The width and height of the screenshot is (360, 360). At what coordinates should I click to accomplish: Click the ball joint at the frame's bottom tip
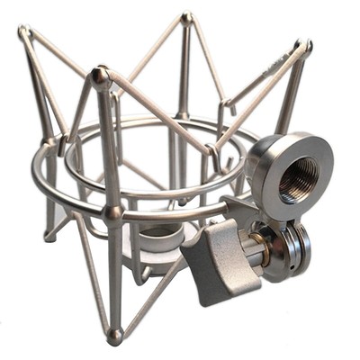114,336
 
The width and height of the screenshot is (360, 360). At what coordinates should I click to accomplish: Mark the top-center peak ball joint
186,17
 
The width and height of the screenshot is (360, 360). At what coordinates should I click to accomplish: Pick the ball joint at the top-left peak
24,33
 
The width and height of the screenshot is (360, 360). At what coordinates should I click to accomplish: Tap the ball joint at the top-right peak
302,45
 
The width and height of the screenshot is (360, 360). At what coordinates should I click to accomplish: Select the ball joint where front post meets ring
112,213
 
